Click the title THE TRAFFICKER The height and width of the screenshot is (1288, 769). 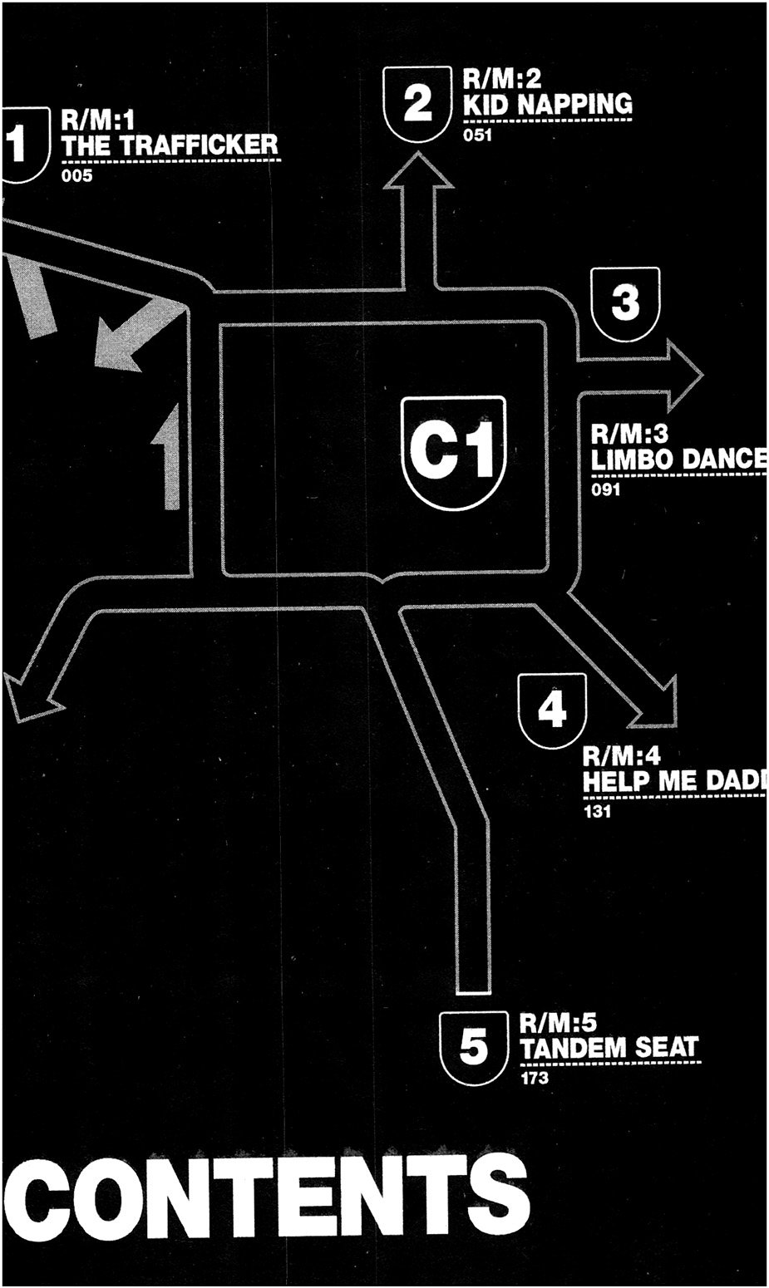pyautogui.click(x=170, y=145)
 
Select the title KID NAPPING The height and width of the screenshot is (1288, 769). pyautogui.click(x=547, y=105)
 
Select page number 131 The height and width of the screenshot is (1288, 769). pyautogui.click(x=597, y=812)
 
